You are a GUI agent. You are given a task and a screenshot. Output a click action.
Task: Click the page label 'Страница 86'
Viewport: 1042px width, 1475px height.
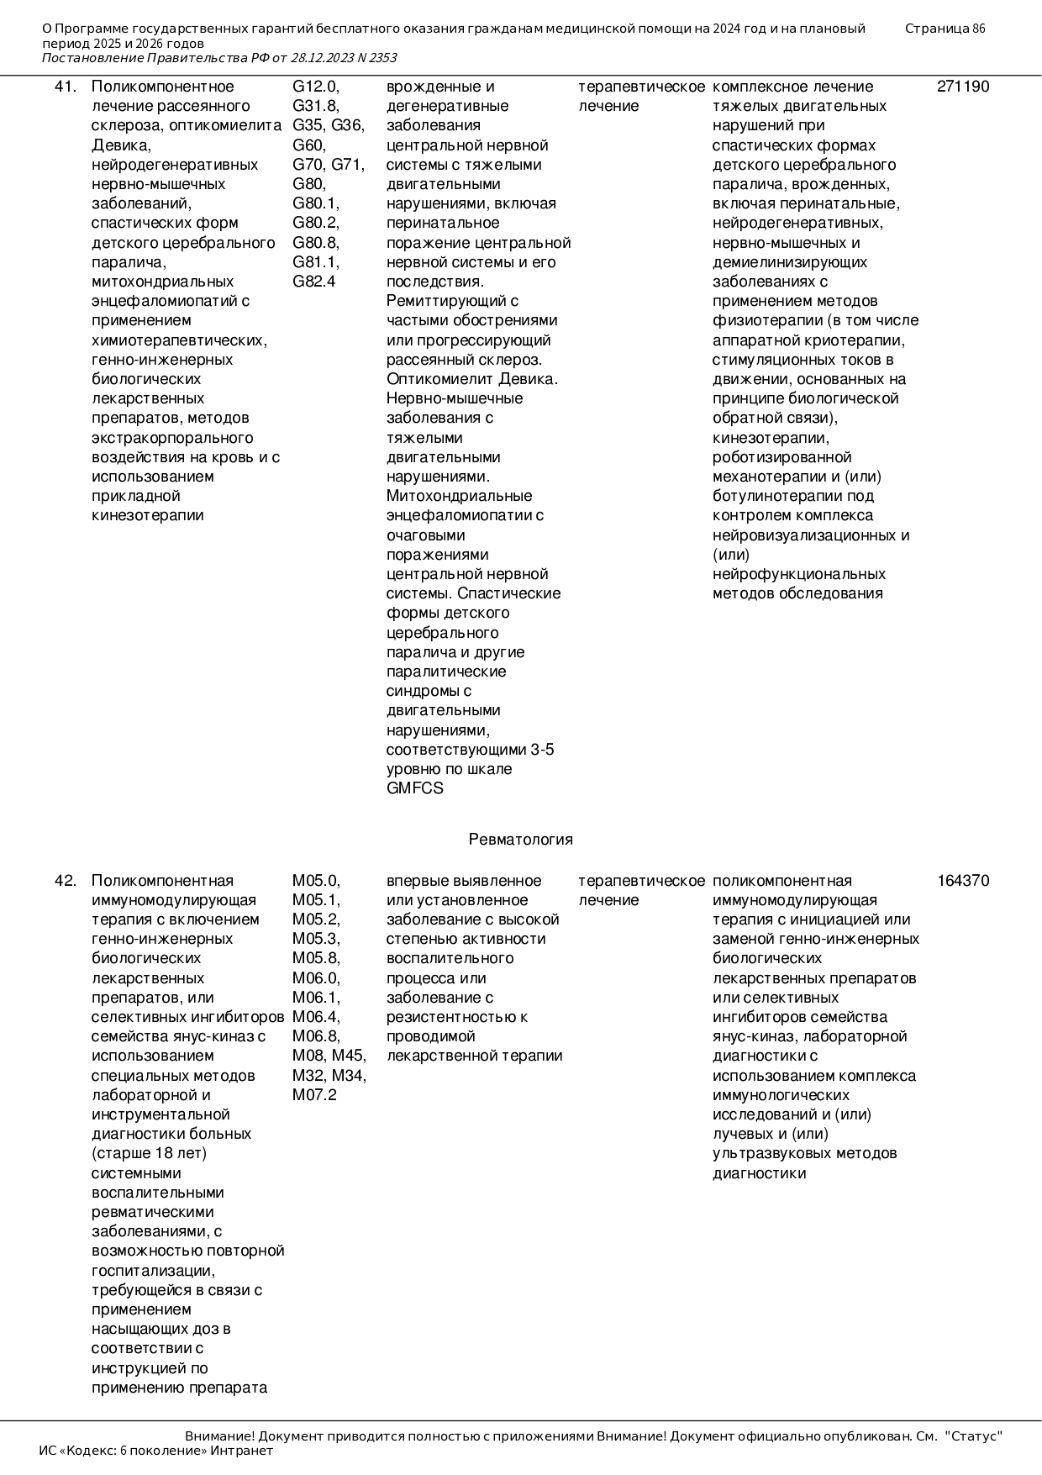pyautogui.click(x=945, y=29)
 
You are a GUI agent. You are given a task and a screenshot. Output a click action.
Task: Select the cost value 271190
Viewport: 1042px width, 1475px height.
pyautogui.click(x=963, y=87)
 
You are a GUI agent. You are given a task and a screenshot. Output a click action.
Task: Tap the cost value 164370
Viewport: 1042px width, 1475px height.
pyautogui.click(x=963, y=881)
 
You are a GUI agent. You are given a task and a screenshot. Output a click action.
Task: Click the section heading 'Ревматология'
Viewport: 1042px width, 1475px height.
pyautogui.click(x=521, y=840)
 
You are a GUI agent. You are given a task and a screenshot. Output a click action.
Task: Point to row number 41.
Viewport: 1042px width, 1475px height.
pyautogui.click(x=66, y=87)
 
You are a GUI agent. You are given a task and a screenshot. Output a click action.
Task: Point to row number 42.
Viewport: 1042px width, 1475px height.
pyautogui.click(x=66, y=881)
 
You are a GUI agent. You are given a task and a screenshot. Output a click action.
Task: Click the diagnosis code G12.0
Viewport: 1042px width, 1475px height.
pyautogui.click(x=315, y=87)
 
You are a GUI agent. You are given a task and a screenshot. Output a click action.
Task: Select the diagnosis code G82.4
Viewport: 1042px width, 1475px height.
pyautogui.click(x=313, y=282)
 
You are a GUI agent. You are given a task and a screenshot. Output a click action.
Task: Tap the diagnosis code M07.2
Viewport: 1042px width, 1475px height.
pyautogui.click(x=314, y=1095)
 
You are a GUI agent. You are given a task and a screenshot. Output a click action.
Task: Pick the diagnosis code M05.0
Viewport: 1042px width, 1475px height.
pyautogui.click(x=316, y=881)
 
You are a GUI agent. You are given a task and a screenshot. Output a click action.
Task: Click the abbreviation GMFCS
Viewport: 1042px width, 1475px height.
pyautogui.click(x=414, y=788)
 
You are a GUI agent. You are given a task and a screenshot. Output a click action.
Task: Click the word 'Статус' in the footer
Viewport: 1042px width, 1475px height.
pyautogui.click(x=974, y=1436)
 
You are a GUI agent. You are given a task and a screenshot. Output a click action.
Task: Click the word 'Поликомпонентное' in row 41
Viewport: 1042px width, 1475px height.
pyautogui.click(x=162, y=87)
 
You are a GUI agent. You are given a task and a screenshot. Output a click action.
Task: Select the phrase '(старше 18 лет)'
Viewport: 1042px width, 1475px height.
pyautogui.click(x=149, y=1153)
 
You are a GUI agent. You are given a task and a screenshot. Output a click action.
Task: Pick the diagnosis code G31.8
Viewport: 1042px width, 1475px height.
pyautogui.click(x=315, y=106)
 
